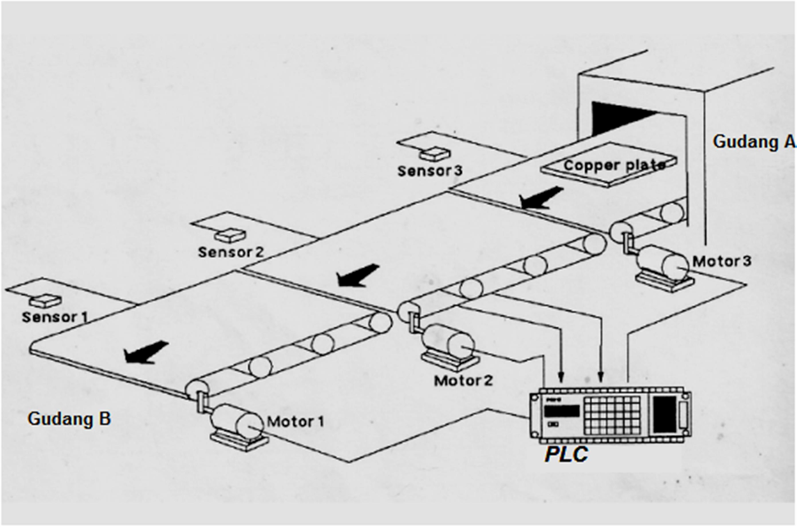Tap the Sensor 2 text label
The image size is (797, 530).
click(x=230, y=252)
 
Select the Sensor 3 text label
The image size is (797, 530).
click(x=430, y=171)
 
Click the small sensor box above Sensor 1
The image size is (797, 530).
click(x=45, y=300)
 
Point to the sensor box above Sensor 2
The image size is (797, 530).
click(x=230, y=234)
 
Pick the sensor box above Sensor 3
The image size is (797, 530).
click(x=435, y=152)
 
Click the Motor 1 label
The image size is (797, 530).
click(x=296, y=421)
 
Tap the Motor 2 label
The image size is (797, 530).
click(x=463, y=381)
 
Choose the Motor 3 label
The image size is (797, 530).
click(x=722, y=261)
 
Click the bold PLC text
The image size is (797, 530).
click(x=566, y=454)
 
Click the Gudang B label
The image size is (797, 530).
click(x=69, y=418)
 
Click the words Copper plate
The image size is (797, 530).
click(x=614, y=165)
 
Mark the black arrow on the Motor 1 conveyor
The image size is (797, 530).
click(x=146, y=352)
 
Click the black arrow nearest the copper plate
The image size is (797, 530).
click(x=540, y=197)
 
